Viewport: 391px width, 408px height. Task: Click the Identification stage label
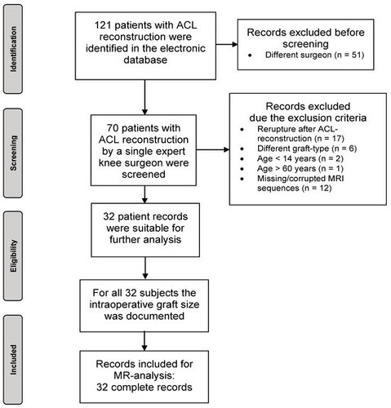point(13,49)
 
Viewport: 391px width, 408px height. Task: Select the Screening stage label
point(13,153)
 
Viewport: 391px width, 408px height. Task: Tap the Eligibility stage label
point(13,256)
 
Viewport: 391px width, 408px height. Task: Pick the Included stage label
point(13,360)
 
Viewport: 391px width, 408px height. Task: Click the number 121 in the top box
point(103,25)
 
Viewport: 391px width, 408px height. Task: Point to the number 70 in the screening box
point(113,128)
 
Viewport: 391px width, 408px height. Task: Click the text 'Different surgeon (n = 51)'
point(314,55)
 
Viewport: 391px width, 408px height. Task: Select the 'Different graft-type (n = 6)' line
point(307,149)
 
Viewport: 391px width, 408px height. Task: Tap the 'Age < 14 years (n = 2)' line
point(300,158)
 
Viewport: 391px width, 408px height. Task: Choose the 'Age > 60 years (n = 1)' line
point(300,169)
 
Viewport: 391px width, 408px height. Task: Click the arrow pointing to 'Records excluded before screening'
point(227,44)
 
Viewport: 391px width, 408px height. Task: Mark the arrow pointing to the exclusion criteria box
point(213,149)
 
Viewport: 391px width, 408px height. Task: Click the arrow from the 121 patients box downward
point(144,97)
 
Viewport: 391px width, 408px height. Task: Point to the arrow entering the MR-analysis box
point(144,341)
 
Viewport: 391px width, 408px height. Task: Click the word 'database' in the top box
point(145,60)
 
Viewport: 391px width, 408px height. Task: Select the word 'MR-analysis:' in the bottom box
point(144,375)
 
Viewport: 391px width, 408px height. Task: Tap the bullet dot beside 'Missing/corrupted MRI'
point(242,179)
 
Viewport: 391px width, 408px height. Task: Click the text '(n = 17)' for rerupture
point(329,139)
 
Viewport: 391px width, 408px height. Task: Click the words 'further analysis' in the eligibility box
point(145,240)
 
